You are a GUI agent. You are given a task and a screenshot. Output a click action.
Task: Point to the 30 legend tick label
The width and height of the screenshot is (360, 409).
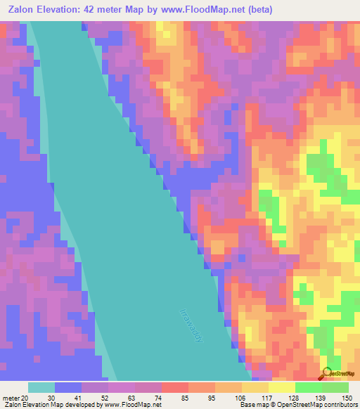tap(50, 397)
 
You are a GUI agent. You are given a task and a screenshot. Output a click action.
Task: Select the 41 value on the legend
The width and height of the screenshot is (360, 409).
tap(77, 397)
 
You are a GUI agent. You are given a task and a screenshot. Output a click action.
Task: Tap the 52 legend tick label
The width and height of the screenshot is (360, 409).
tap(103, 397)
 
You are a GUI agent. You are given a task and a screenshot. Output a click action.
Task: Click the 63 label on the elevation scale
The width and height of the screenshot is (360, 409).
tap(130, 397)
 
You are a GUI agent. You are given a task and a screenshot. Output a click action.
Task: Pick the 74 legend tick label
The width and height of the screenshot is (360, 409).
tap(157, 397)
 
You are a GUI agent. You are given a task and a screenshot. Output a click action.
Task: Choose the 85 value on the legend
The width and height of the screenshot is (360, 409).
tap(184, 397)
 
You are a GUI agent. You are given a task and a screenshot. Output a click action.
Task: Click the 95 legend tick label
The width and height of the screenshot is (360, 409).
tap(210, 397)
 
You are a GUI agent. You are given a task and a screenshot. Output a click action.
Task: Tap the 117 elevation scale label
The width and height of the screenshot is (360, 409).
tap(265, 397)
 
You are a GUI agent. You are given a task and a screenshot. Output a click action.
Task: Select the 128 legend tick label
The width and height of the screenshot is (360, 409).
tap(292, 397)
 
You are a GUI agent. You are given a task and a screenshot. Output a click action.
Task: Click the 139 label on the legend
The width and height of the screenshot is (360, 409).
tap(319, 397)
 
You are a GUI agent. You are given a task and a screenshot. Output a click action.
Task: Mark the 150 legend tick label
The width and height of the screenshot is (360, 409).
tap(345, 397)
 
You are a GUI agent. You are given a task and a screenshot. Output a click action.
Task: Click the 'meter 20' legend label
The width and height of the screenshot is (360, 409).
tap(14, 397)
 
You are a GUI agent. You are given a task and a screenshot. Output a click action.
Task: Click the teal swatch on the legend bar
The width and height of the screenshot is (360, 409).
tap(41, 387)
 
